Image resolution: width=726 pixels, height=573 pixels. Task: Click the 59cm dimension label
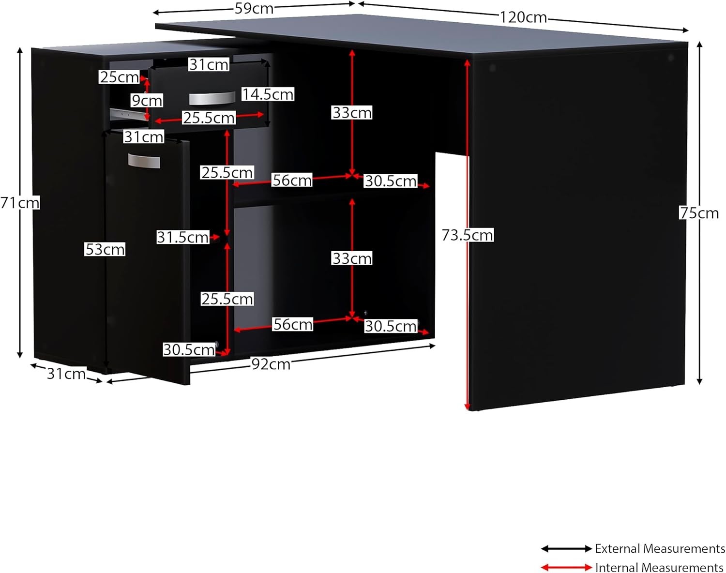[x=254, y=8]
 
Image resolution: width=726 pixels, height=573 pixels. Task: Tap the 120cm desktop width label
[x=523, y=17]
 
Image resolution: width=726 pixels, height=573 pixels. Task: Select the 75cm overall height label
[x=699, y=213]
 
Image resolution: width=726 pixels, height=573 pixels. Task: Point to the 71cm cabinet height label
[x=20, y=203]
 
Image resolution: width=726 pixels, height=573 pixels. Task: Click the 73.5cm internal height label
[x=467, y=235]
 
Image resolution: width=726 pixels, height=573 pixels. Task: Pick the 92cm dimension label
[x=271, y=364]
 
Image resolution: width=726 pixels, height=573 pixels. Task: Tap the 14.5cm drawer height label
[x=268, y=94]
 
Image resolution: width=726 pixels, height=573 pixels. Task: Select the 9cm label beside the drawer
[x=147, y=101]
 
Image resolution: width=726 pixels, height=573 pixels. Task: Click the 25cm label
[x=119, y=77]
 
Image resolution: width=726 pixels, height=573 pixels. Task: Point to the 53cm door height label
[x=105, y=249]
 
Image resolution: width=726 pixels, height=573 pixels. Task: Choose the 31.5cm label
[x=182, y=237]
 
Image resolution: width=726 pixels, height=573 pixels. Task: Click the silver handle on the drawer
[x=212, y=98]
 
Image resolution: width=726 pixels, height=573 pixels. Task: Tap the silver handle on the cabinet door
[x=144, y=161]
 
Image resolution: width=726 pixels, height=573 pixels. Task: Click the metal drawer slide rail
[x=127, y=114]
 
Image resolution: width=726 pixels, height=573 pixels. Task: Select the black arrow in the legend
[x=566, y=549]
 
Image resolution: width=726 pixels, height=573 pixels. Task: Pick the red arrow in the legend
[x=566, y=567]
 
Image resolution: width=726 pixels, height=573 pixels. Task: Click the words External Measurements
[x=660, y=549]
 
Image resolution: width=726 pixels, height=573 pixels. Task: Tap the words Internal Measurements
[x=659, y=567]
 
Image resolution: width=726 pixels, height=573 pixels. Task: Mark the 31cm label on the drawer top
[x=209, y=64]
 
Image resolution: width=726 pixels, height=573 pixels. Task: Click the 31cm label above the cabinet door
[x=143, y=137]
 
